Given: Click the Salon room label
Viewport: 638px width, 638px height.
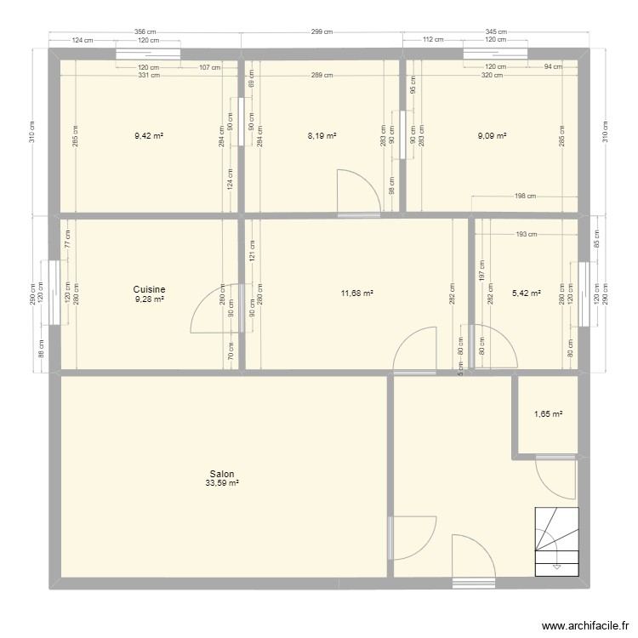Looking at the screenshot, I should point(222,475).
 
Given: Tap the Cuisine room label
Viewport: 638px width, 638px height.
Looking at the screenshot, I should point(149,289).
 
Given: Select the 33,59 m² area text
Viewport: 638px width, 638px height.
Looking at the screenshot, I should point(222,484).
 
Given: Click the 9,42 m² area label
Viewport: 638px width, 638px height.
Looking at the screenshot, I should point(148,134).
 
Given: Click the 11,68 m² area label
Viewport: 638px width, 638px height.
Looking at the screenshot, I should point(356,293).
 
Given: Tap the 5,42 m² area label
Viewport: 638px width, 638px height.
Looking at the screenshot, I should point(525,293).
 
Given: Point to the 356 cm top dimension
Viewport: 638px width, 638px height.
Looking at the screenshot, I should point(145,31).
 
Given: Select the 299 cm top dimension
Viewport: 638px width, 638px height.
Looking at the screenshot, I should point(322,31).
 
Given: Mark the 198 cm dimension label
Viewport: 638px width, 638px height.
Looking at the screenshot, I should point(525,197).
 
